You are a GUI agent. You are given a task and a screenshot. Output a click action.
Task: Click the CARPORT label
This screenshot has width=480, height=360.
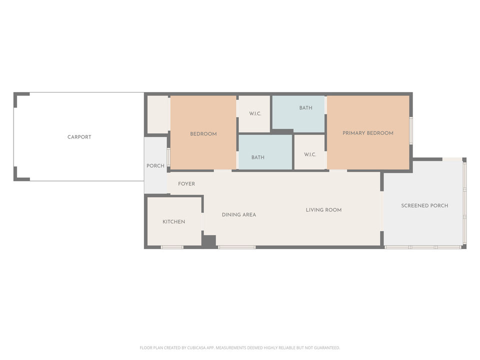click(x=79, y=137)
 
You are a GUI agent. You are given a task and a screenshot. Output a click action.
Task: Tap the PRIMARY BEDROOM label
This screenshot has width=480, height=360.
click(x=367, y=133)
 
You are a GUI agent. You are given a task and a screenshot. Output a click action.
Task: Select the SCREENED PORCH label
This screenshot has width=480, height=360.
click(x=424, y=205)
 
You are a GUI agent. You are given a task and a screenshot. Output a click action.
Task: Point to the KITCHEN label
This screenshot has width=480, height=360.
click(x=173, y=221)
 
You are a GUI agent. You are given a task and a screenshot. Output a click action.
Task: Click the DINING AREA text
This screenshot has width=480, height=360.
click(x=239, y=214)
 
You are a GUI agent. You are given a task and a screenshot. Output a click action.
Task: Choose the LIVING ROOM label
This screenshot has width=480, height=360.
click(x=323, y=210)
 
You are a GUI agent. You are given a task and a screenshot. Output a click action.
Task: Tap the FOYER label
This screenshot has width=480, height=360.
click(x=186, y=184)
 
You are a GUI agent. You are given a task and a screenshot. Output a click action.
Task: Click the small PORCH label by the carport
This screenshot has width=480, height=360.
click(x=155, y=166)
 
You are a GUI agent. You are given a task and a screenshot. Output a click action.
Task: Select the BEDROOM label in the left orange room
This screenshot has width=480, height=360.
click(x=203, y=134)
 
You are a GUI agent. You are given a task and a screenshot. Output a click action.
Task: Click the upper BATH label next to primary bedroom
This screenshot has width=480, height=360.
click(x=305, y=108)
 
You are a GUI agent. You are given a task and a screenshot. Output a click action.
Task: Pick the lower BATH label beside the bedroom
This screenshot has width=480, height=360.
click(x=257, y=157)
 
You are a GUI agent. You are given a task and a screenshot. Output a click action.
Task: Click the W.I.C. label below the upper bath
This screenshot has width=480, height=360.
click(x=310, y=154)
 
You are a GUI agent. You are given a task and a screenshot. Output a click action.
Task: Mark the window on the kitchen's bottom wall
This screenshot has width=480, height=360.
click(x=172, y=247)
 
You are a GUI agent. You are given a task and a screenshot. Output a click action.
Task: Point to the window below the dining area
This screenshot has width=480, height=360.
click(x=237, y=247)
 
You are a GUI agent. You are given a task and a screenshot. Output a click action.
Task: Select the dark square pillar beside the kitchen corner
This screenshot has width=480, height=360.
click(x=209, y=240)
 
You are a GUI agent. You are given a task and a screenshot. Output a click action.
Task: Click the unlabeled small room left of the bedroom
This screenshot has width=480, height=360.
click(x=157, y=114)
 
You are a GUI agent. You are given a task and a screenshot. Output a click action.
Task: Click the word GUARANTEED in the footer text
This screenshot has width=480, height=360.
click(x=325, y=347)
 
